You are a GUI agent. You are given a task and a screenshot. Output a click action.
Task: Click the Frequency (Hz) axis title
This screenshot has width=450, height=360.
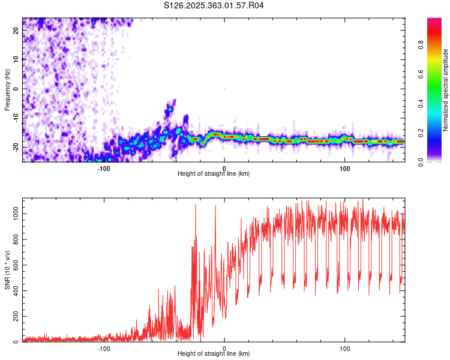[7, 89]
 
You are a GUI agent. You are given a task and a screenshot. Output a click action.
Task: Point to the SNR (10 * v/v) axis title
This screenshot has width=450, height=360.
[7, 271]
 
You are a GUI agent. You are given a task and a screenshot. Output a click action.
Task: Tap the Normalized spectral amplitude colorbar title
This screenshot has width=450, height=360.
[446, 89]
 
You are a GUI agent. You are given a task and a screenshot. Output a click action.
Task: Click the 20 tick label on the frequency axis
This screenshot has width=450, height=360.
[16, 30]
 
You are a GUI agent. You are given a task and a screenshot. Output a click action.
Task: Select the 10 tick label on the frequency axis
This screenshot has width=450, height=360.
[16, 59]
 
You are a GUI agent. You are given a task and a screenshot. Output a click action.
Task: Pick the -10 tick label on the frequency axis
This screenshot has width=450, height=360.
[15, 118]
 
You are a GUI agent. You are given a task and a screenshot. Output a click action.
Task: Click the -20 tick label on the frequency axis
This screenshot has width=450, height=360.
[15, 148]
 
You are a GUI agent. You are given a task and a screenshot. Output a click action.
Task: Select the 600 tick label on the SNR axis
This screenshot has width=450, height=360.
[14, 265]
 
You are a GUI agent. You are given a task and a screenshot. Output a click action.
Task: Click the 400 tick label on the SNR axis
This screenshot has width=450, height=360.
[14, 291]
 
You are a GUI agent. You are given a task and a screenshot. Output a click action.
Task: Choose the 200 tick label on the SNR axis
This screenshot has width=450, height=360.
[14, 317]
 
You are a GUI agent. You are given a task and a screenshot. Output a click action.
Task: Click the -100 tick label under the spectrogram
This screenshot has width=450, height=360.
[104, 168]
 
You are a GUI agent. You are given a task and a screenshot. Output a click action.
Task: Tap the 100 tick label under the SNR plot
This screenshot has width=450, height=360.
[345, 348]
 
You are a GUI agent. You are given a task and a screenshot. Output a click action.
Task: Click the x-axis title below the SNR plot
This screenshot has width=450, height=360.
[214, 355]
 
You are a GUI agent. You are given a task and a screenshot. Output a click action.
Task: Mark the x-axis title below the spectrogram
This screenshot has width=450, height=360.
[214, 174]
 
